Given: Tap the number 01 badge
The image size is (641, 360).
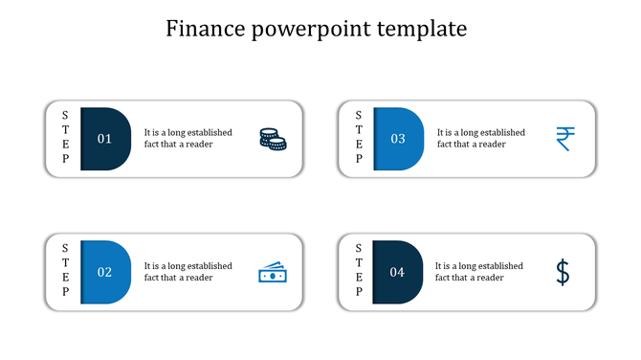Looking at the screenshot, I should tap(105, 139).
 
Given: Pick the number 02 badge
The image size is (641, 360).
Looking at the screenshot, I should tap(105, 272).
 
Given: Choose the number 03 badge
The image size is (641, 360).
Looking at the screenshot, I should tap(398, 139).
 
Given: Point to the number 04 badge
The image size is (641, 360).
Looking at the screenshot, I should tap(397, 272).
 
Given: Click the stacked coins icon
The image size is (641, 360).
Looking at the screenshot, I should tap(273, 139).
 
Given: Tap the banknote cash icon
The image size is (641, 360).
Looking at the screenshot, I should tap(273, 273).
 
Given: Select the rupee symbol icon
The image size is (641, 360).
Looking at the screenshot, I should tap(565, 139).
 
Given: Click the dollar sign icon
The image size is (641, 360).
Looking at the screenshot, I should tap(564, 273).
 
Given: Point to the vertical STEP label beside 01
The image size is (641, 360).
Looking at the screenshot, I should tap(66, 137).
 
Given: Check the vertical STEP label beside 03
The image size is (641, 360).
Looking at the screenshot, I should tap(359, 137).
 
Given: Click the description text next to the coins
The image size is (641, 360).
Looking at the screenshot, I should tap(188, 138).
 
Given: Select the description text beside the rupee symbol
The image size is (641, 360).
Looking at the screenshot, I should tap(480, 138).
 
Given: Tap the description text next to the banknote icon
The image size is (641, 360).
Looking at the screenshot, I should tap(188, 271).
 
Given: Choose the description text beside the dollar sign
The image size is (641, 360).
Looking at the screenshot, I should tap(478, 271).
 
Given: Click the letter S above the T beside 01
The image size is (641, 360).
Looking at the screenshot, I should tap(66, 115).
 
